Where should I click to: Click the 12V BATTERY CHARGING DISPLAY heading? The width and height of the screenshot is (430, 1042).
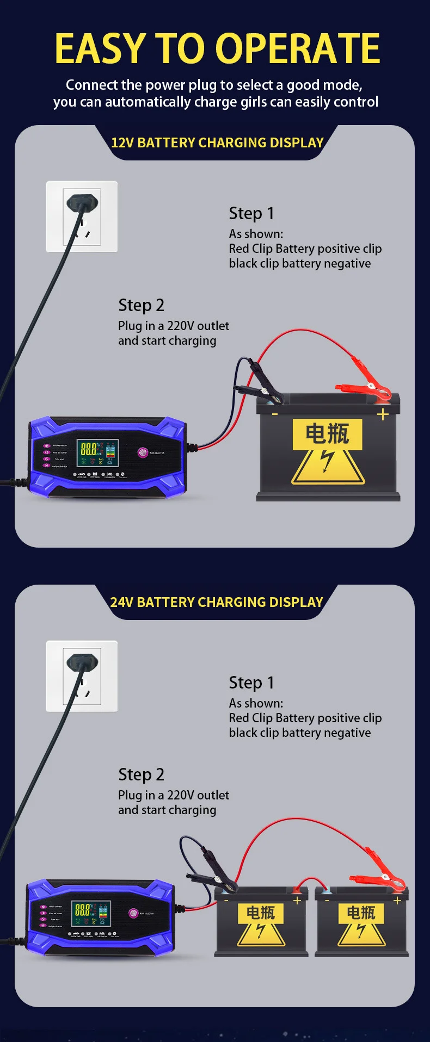click(x=217, y=142)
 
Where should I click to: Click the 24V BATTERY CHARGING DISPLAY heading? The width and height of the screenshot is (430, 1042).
click(x=217, y=602)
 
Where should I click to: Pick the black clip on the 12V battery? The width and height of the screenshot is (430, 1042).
click(x=261, y=387)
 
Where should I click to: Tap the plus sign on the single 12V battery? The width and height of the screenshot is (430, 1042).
click(x=383, y=414)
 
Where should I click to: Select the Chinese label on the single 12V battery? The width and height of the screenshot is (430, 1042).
click(x=327, y=434)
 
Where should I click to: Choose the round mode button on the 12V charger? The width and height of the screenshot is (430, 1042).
click(x=143, y=452)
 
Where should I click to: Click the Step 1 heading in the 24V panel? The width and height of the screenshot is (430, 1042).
click(x=251, y=683)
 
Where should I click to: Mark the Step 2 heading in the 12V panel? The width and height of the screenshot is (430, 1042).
click(x=141, y=306)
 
